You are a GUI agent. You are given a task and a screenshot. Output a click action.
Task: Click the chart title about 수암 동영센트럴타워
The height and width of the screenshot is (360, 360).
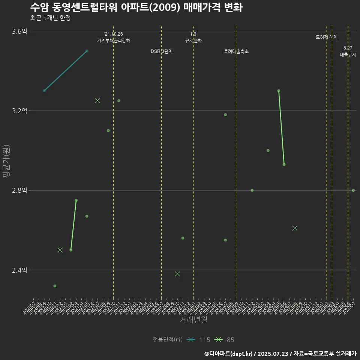(x=136, y=7)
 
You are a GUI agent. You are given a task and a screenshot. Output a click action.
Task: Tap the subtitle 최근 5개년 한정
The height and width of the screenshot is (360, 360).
(x=50, y=18)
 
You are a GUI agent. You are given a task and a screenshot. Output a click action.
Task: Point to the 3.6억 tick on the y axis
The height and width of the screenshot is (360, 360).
(x=19, y=31)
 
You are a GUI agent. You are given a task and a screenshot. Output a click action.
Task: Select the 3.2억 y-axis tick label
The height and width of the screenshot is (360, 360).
(x=19, y=111)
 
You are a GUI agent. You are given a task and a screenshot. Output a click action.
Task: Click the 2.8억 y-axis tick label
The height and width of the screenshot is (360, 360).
(x=19, y=190)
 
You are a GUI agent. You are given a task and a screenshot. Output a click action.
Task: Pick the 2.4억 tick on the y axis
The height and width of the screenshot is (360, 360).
(x=19, y=270)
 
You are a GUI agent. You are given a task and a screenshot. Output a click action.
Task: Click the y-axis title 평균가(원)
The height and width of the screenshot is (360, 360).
(x=6, y=162)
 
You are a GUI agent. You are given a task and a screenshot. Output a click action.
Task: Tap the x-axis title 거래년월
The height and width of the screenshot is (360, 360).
(x=193, y=320)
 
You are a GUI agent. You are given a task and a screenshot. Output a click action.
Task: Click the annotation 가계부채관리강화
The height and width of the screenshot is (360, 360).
(x=114, y=40)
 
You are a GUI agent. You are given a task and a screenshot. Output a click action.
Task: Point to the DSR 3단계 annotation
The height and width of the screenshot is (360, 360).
(x=162, y=51)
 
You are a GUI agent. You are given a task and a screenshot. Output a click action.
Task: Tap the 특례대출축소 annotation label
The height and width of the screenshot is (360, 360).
(x=236, y=51)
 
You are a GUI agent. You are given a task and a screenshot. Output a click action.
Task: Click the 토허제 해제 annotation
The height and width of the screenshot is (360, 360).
(x=327, y=37)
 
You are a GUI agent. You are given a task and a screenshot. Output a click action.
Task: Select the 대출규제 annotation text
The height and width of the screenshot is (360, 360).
(x=348, y=55)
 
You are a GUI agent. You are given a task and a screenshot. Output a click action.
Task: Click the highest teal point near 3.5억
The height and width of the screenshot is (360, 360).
(x=87, y=51)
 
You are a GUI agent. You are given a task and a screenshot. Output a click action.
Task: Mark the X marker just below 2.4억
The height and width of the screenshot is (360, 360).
(x=177, y=274)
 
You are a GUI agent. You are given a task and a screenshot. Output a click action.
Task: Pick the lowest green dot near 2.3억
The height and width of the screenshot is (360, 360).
(x=55, y=286)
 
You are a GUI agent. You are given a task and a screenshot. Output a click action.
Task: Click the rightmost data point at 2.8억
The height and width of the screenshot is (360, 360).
(x=353, y=190)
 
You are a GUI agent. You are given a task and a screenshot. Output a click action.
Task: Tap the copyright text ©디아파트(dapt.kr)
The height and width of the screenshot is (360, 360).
(x=229, y=353)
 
